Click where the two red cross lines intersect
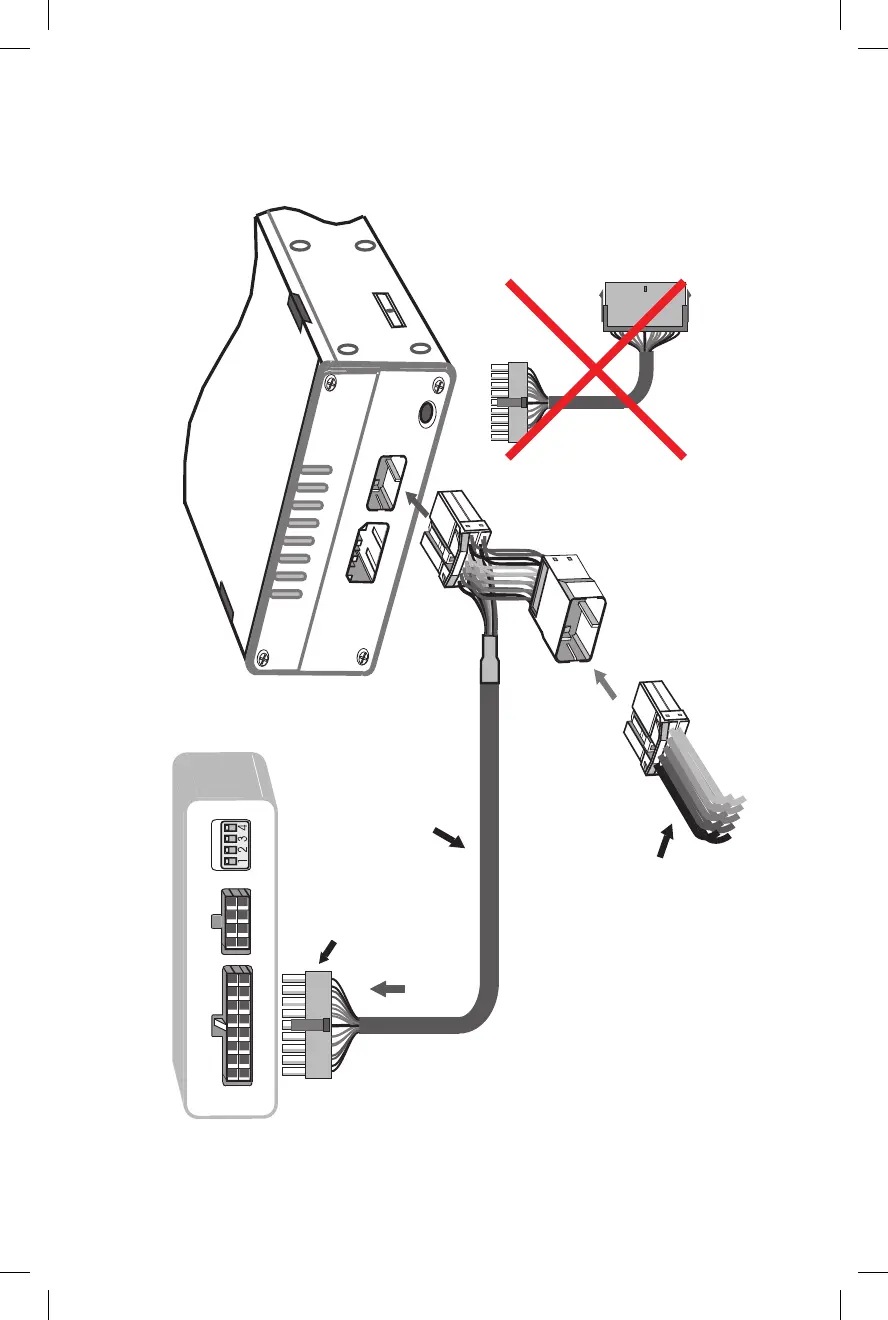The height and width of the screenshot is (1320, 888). [x=596, y=370]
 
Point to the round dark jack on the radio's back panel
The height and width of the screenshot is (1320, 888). [x=423, y=412]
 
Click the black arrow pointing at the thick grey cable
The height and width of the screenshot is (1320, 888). [x=448, y=837]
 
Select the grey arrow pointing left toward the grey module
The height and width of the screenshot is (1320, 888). [x=388, y=988]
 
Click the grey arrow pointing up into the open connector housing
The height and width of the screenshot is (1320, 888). [x=607, y=684]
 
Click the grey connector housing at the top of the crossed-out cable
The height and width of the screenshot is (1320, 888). [x=645, y=306]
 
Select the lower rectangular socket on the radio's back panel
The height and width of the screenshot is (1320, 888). [x=365, y=553]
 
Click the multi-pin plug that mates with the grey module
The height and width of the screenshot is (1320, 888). [x=312, y=1025]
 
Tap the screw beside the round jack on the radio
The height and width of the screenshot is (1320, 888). [x=440, y=387]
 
